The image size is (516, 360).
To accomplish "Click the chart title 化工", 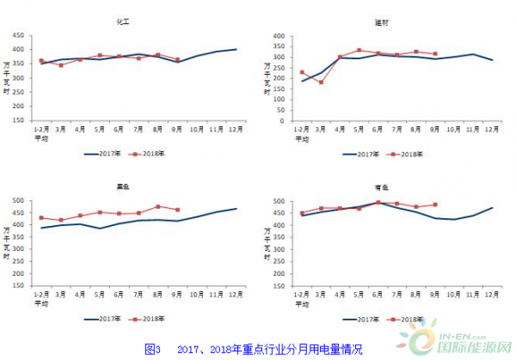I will [x=133, y=21].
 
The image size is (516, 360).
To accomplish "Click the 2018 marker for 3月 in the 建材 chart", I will [x=321, y=82].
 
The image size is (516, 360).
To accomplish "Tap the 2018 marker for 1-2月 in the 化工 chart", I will [x=41, y=61].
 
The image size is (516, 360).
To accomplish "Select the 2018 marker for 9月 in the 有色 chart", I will [x=435, y=205].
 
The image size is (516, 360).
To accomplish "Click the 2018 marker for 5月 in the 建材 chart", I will [x=359, y=50].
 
